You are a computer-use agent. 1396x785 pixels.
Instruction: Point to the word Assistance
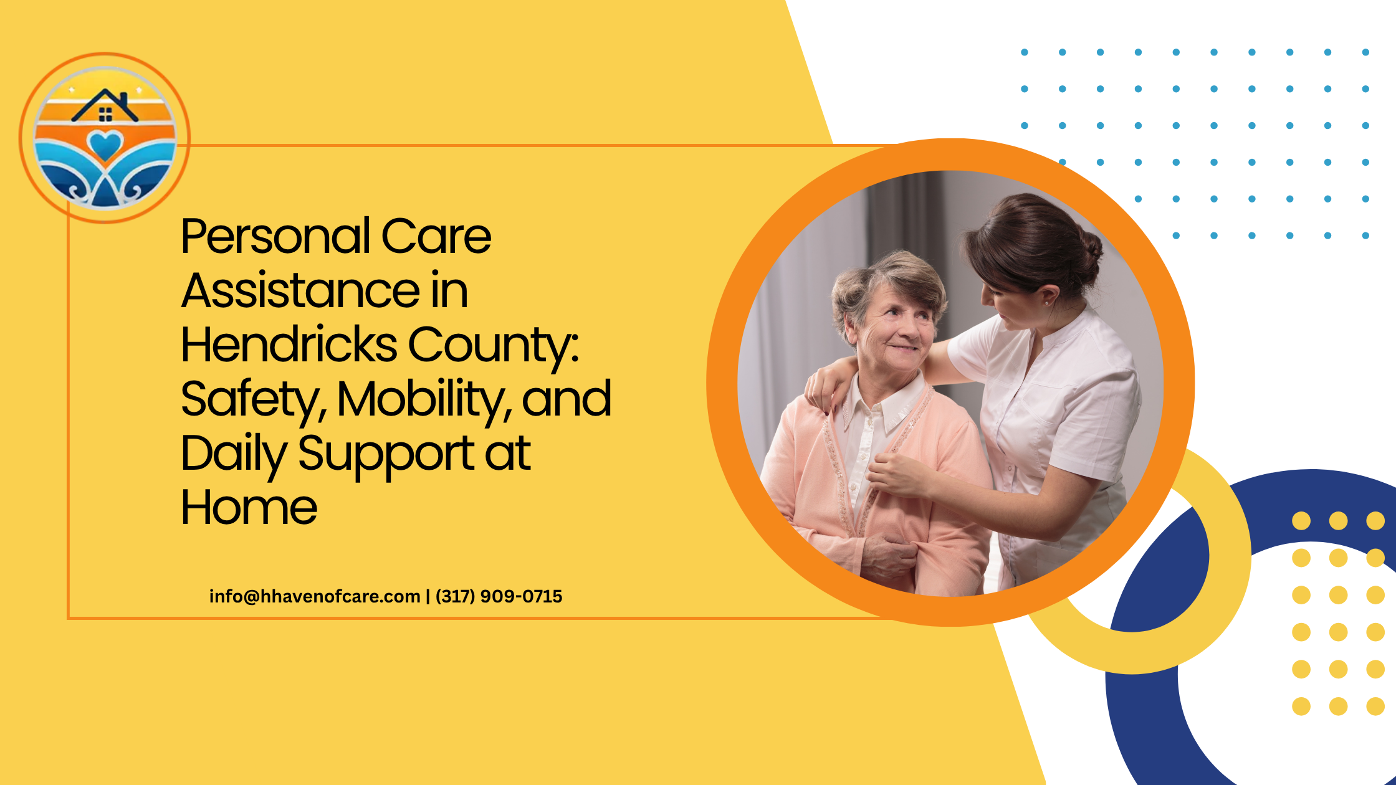pos(300,290)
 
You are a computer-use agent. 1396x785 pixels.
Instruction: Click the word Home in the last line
pos(249,508)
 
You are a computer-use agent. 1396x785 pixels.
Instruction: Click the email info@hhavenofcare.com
pos(315,596)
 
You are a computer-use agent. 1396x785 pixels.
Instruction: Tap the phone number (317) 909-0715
pos(499,596)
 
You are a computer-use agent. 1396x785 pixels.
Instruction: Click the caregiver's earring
pos(1048,303)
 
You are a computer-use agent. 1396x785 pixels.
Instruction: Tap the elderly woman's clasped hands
pos(888,554)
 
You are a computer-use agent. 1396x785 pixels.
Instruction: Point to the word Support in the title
pos(386,455)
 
